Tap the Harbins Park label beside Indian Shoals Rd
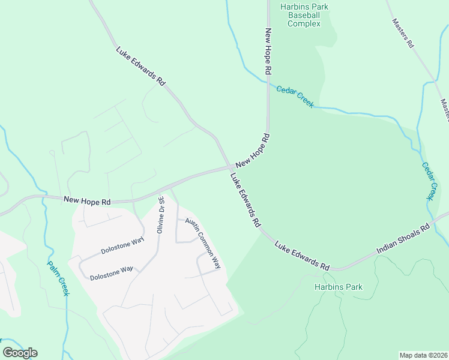pos(339,287)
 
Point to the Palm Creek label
pos(58,278)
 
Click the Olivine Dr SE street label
pos(160,215)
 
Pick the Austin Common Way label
pos(203,242)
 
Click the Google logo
pos(20,353)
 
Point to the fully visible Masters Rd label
pos(403,32)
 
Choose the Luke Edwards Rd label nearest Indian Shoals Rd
pos(303,255)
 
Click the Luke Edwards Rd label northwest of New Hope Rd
pos(140,65)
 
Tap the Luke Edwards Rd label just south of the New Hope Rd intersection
pos(246,200)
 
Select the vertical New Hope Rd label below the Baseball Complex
pos(268,51)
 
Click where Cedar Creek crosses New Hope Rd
pos(268,83)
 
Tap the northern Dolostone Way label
pos(122,247)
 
